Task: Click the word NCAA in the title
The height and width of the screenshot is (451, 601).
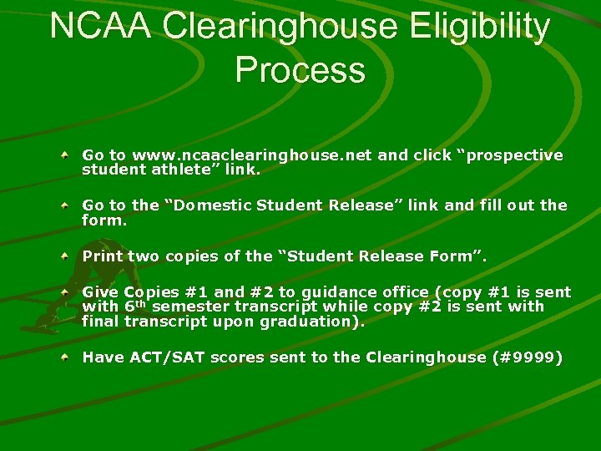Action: click(100, 27)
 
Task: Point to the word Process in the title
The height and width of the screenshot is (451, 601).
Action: click(300, 70)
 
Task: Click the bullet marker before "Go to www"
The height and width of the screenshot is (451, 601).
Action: click(65, 155)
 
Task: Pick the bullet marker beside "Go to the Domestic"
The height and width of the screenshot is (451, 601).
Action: click(65, 205)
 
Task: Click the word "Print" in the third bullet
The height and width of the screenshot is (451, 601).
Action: click(102, 256)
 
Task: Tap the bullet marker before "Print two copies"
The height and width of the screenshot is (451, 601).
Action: click(65, 256)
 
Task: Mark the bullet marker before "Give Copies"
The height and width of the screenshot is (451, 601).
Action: click(65, 292)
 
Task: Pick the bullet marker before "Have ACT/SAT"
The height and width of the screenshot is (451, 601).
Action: click(65, 357)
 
